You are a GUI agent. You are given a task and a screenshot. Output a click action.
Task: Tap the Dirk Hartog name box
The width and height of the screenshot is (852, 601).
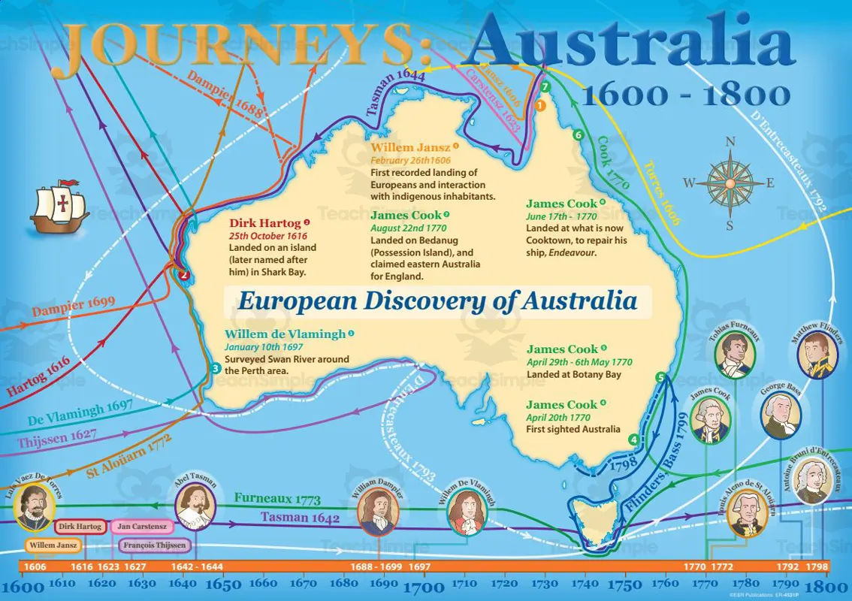click(x=79, y=527)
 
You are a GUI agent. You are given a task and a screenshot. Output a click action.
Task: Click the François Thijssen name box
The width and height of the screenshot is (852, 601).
click(x=156, y=545)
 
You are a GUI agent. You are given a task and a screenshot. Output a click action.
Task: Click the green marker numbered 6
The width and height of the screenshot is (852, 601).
click(x=577, y=135)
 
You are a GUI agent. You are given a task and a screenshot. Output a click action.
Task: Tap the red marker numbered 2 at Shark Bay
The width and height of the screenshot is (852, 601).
click(x=183, y=275)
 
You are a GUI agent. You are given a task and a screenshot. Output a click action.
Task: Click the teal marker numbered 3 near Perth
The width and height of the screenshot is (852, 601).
click(x=216, y=368)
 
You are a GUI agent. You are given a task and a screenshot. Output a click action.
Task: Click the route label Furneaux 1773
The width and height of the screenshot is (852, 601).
click(x=277, y=499)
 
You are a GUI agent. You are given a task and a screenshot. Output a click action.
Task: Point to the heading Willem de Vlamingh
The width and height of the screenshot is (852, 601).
click(x=285, y=334)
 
